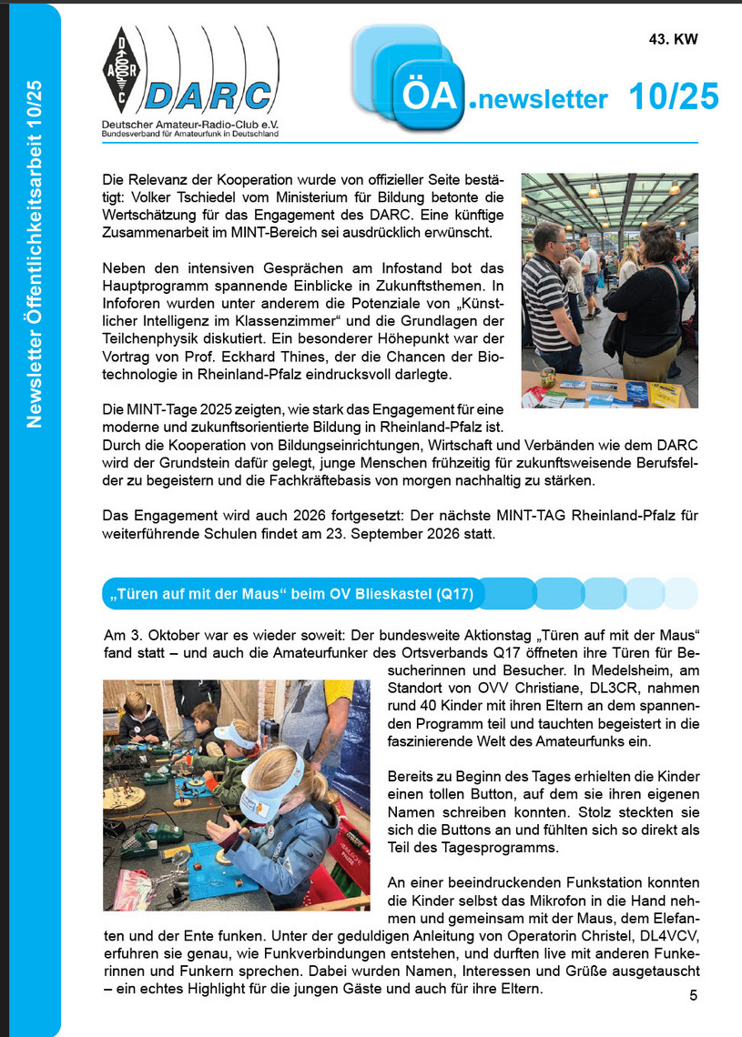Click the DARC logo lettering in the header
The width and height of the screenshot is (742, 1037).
tap(209, 96)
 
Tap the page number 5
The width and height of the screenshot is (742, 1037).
tap(694, 994)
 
